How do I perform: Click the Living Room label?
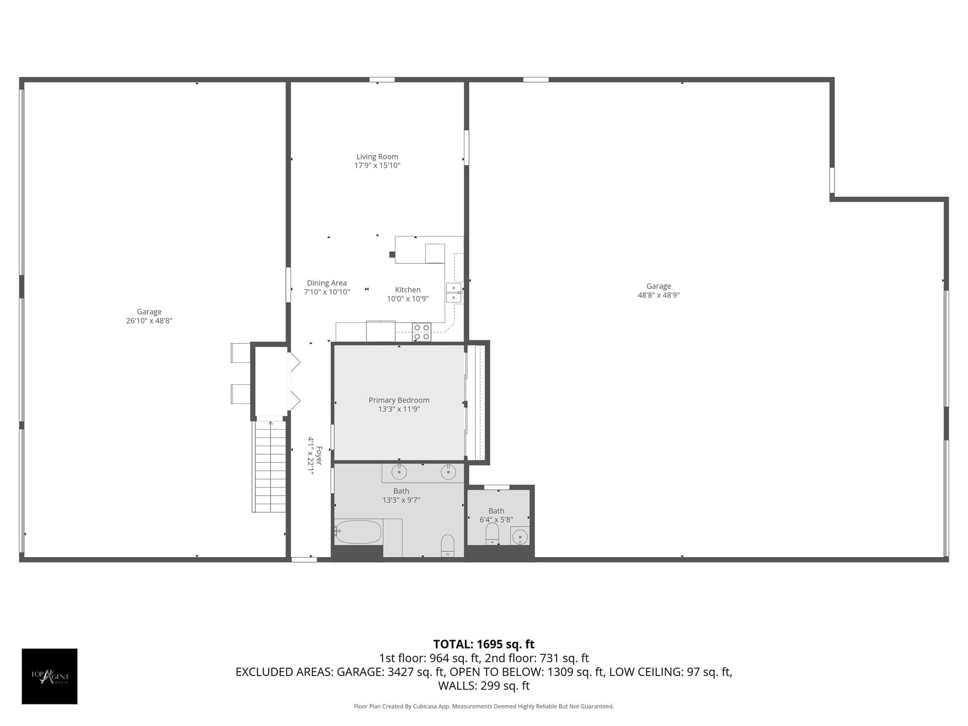click(x=377, y=157)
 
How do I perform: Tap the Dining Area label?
click(x=327, y=283)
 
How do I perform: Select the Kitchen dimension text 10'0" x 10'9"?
click(x=408, y=299)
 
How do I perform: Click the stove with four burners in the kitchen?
click(x=422, y=332)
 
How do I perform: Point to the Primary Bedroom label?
click(x=399, y=400)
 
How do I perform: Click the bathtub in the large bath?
click(x=358, y=532)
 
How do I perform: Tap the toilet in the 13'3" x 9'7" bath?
click(x=448, y=546)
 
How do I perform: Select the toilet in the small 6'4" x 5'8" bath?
click(x=492, y=534)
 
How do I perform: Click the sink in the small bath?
click(x=520, y=536)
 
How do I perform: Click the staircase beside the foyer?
click(x=269, y=466)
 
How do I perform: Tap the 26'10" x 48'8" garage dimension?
click(x=149, y=321)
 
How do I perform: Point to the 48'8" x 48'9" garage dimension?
click(x=658, y=295)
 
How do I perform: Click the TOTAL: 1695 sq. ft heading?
click(x=484, y=644)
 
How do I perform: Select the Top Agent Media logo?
click(x=49, y=676)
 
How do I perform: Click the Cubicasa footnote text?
click(x=484, y=706)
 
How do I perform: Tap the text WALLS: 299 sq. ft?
click(x=484, y=686)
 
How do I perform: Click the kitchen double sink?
click(x=454, y=293)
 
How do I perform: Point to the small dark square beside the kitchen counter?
click(x=392, y=255)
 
